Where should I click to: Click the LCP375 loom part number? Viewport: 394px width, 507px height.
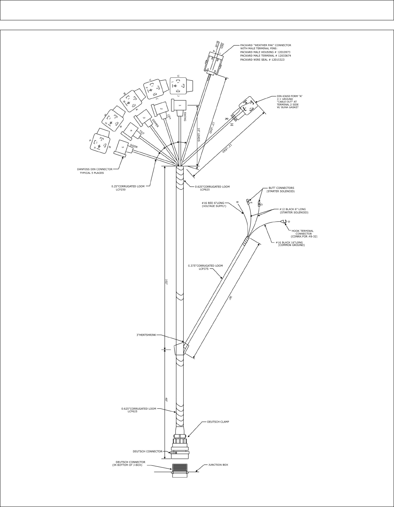[204, 269]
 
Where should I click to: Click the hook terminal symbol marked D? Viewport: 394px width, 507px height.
[283, 221]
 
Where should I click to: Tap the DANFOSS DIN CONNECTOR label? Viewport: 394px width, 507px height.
[95, 169]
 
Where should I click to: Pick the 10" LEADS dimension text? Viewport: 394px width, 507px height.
[198, 135]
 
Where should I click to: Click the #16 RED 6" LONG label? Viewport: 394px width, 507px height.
[213, 203]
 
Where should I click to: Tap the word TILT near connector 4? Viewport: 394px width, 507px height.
[142, 132]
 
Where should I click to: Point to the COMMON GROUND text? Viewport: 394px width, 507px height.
[291, 245]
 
